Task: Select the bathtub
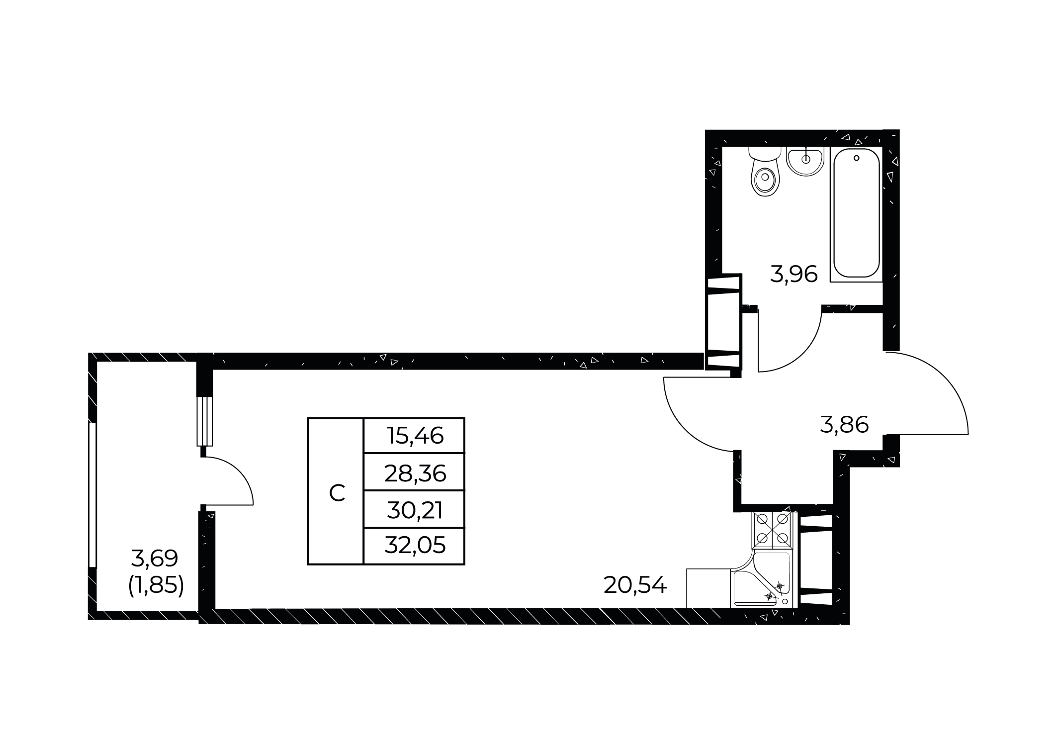coord(856,214)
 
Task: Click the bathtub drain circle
coord(856,158)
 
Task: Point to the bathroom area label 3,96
coord(793,275)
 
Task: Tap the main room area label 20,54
coord(634,585)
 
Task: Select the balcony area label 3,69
coord(154,559)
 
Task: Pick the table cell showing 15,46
coord(414,436)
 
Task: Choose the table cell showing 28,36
coord(414,473)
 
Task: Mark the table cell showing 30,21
coord(414,510)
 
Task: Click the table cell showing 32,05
coord(414,546)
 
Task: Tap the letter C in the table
coord(337,493)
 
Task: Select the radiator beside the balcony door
coord(205,421)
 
